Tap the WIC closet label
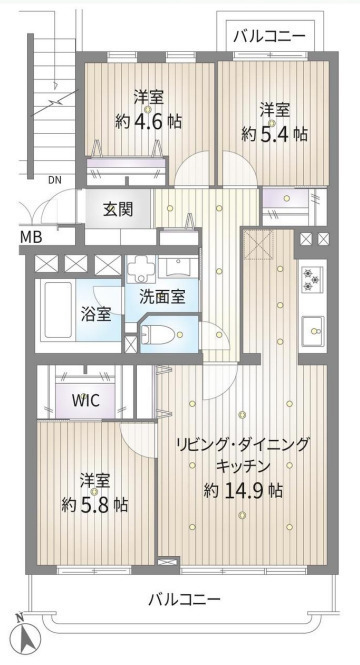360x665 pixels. [x=85, y=400]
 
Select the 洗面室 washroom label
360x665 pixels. [x=162, y=297]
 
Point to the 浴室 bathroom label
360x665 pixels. [x=96, y=314]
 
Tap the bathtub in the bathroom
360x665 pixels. [x=59, y=310]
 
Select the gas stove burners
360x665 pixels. [x=312, y=281]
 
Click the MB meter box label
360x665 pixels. [x=31, y=238]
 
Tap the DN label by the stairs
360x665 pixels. [x=54, y=180]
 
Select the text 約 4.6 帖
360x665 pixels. [x=148, y=122]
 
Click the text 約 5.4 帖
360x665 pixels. [x=274, y=134]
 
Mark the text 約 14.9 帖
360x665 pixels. [x=243, y=491]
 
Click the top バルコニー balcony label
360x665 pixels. [x=269, y=36]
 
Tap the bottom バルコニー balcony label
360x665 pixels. [x=184, y=599]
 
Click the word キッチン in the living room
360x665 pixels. [x=243, y=467]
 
